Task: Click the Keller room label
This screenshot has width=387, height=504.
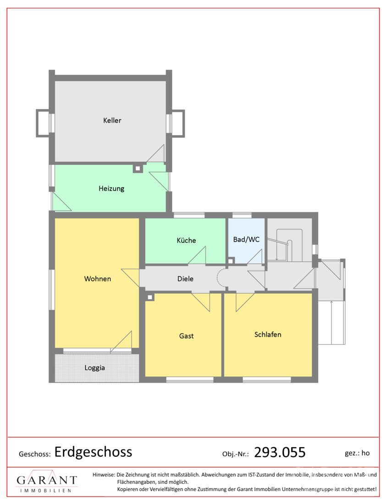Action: (112, 120)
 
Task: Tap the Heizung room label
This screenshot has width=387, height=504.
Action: (111, 188)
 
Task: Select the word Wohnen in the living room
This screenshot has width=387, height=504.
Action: (98, 279)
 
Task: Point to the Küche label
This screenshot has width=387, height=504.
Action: (186, 240)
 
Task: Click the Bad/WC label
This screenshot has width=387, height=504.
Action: (246, 240)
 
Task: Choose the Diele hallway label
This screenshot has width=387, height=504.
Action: (185, 279)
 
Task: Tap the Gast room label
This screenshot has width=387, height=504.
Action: (186, 336)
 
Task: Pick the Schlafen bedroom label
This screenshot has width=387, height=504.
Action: (268, 334)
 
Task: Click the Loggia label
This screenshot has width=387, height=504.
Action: (94, 368)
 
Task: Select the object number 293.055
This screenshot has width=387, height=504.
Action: (280, 452)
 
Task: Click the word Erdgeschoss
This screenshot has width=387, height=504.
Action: (93, 452)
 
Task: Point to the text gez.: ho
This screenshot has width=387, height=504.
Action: (357, 453)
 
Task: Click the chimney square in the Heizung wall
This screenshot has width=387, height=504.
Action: (138, 168)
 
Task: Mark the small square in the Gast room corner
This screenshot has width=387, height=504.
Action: (149, 297)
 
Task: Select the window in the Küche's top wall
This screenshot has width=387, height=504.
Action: (189, 215)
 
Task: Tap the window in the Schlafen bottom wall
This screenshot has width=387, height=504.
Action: (267, 380)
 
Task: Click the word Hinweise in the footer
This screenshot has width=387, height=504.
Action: (103, 474)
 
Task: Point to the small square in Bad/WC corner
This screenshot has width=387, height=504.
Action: (231, 261)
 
